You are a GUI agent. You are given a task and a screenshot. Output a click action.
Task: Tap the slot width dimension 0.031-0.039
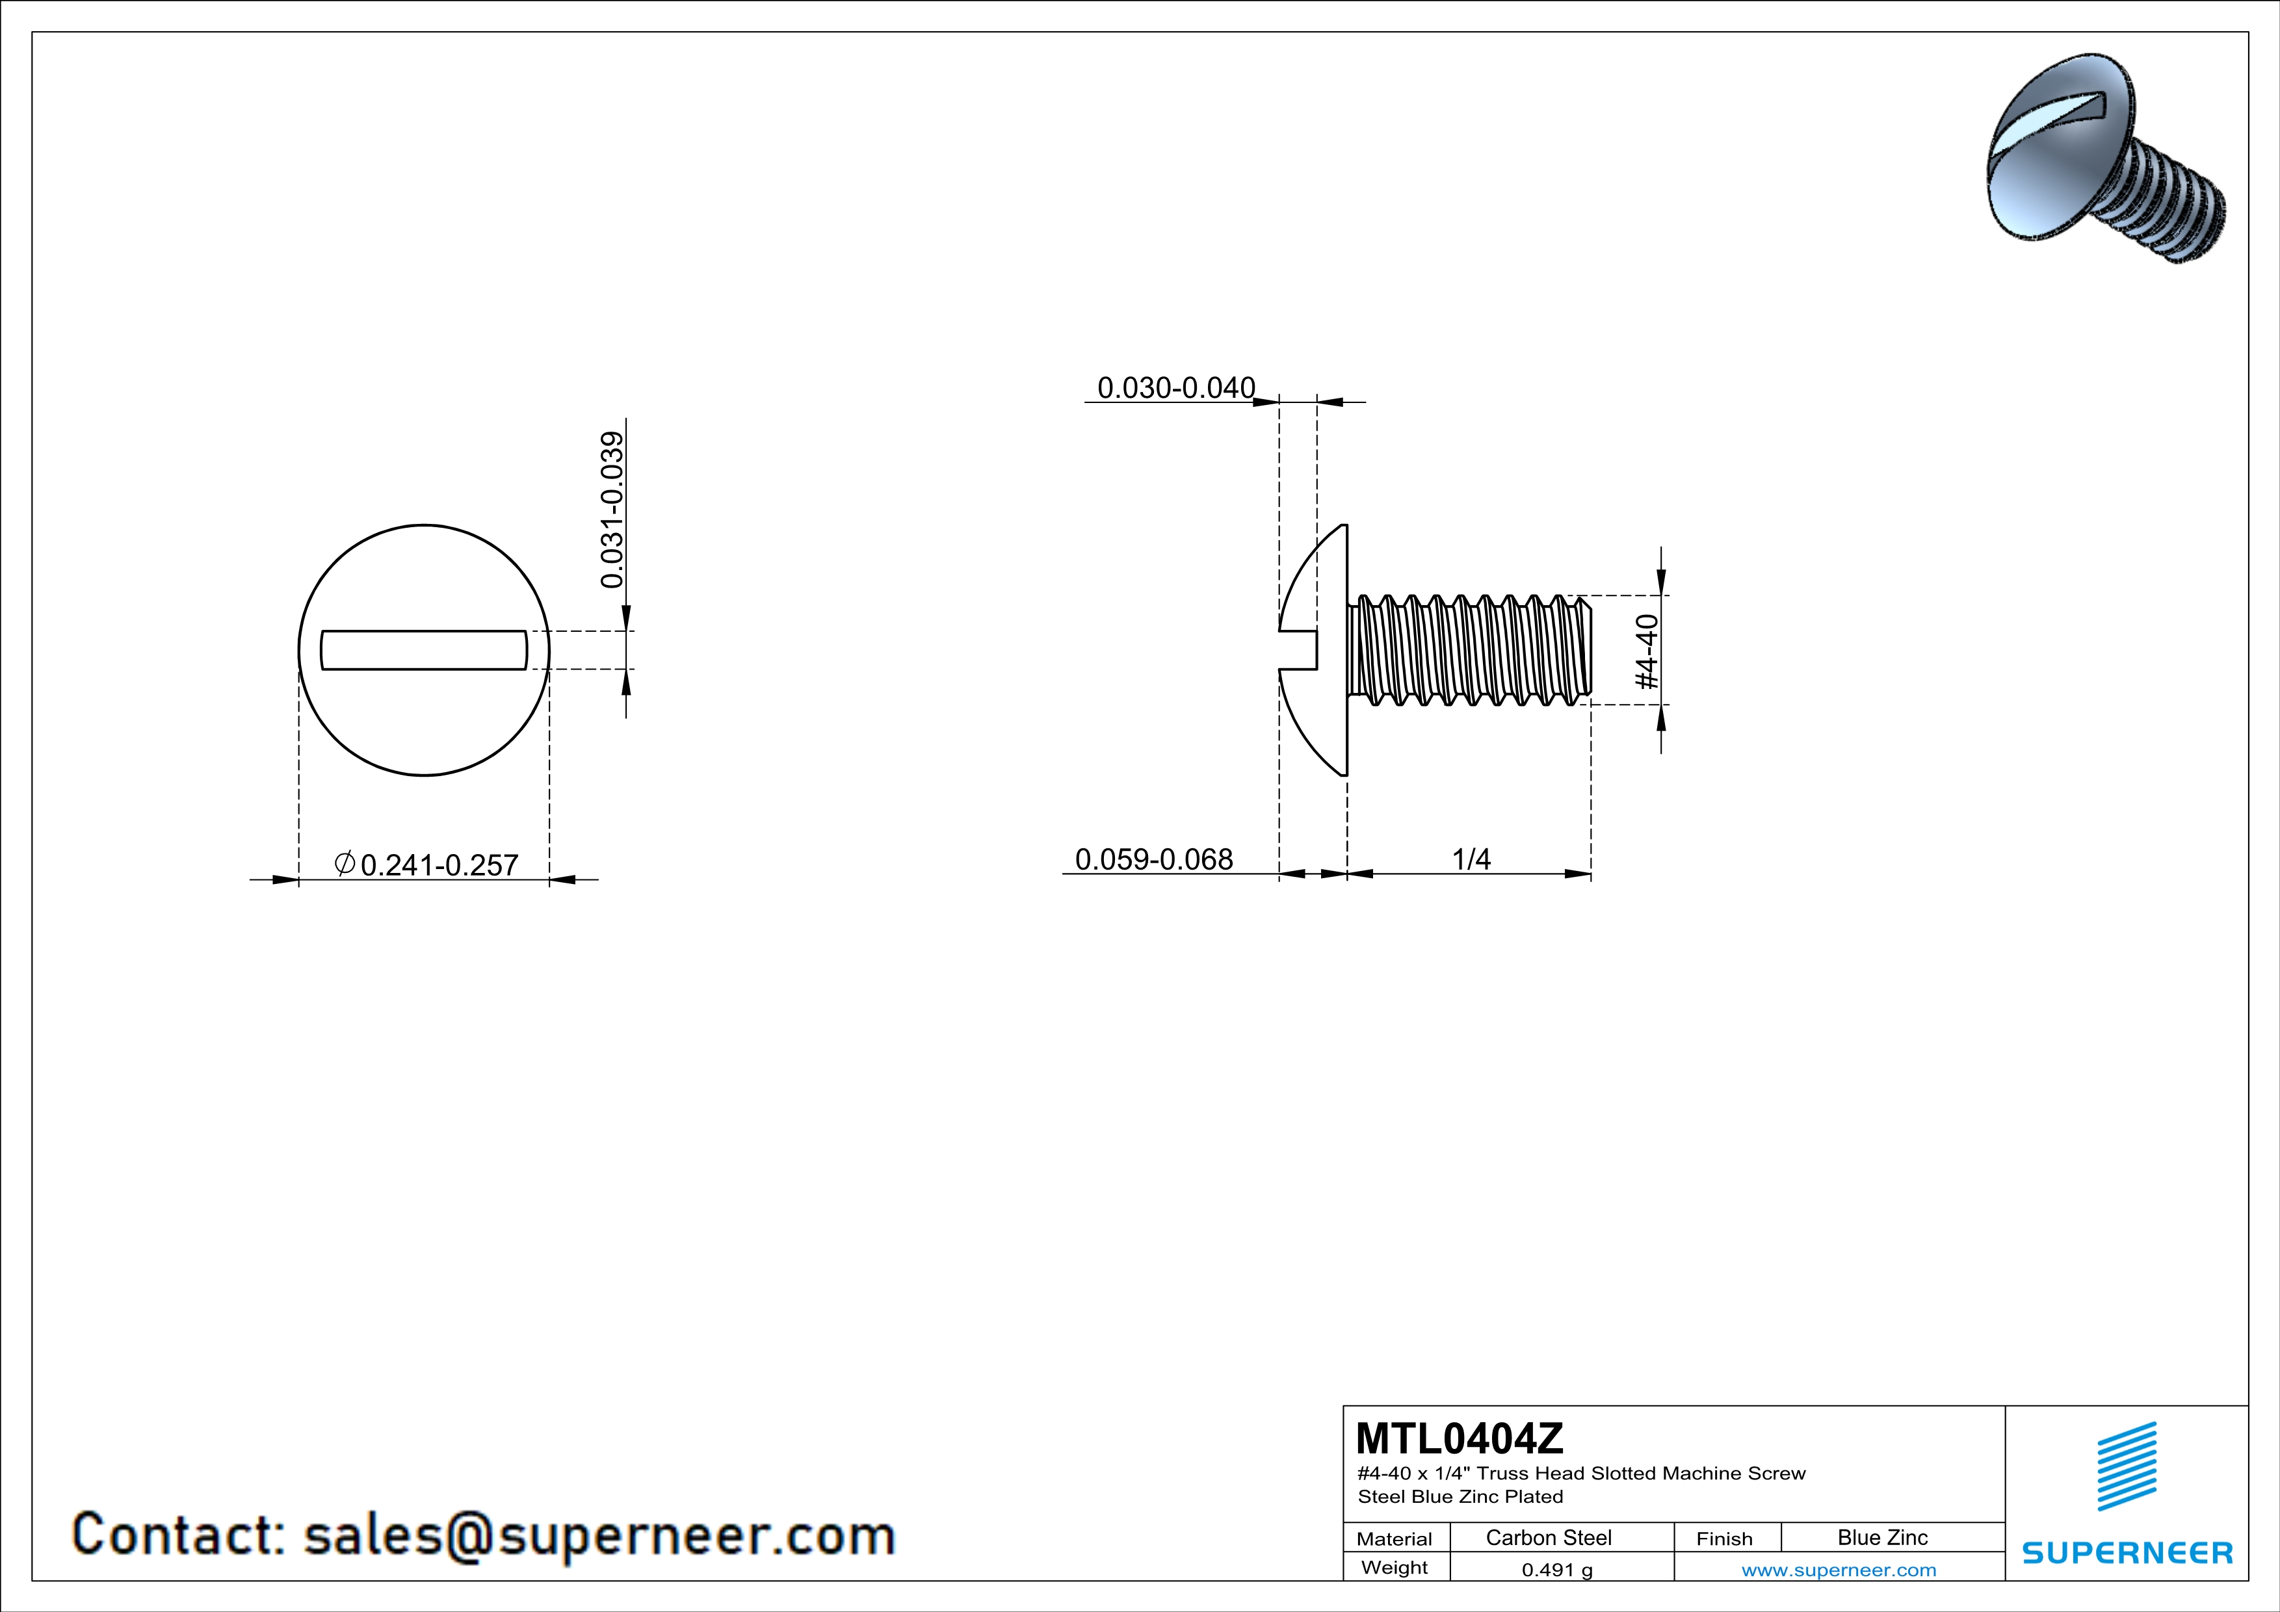(x=612, y=509)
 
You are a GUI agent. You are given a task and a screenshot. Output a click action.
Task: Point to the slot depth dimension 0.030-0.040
(x=1175, y=387)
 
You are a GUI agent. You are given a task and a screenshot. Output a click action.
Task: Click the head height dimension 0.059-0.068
(x=1154, y=859)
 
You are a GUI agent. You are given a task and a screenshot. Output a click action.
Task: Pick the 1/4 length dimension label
(x=1472, y=859)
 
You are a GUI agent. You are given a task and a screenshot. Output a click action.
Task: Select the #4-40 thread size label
(x=1646, y=651)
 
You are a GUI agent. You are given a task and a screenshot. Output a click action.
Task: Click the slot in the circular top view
(x=424, y=650)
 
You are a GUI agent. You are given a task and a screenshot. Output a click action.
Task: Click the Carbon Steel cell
(x=1548, y=1537)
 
